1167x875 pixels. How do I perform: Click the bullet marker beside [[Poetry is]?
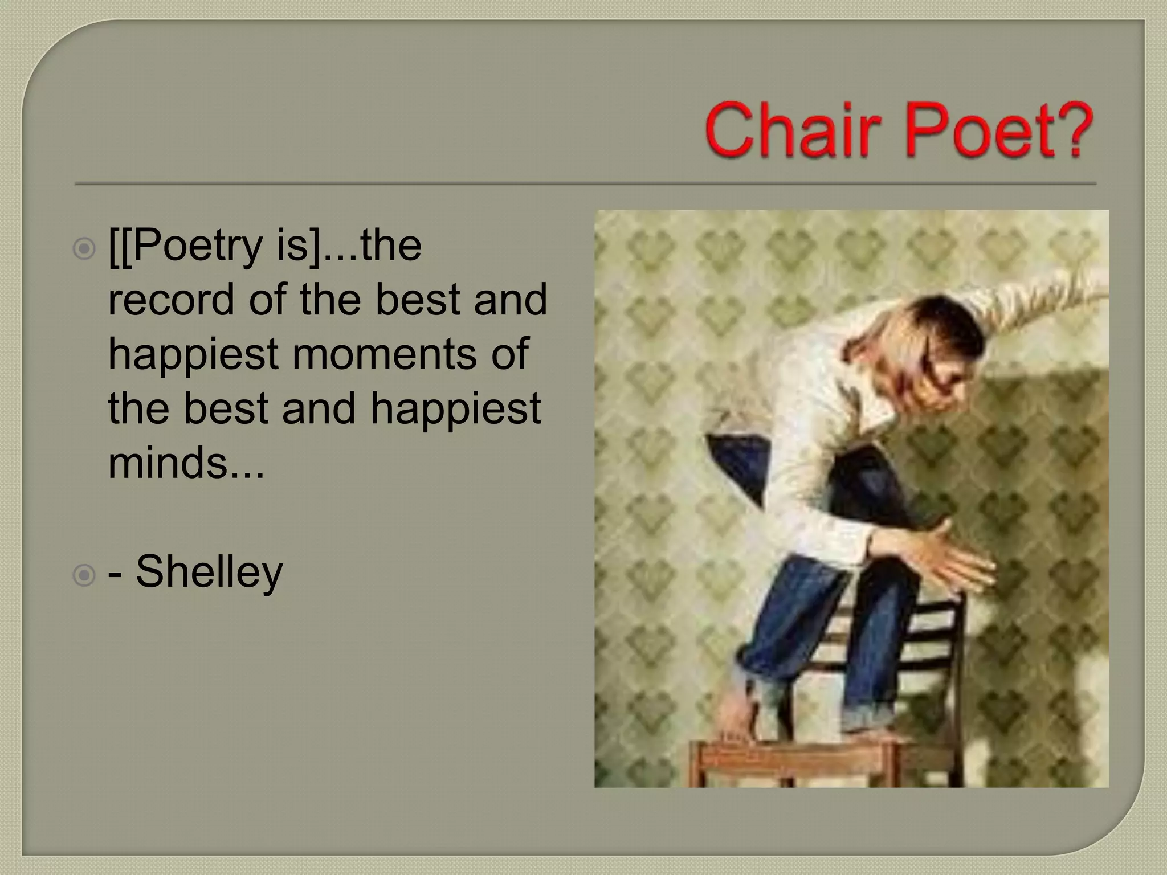pyautogui.click(x=84, y=249)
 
